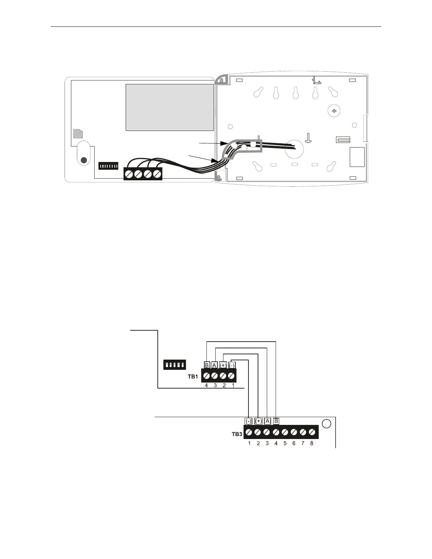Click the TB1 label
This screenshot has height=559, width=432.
(x=193, y=377)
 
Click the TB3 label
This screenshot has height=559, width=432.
(x=237, y=434)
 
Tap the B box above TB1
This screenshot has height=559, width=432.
(x=207, y=365)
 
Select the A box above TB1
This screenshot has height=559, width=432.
(x=214, y=365)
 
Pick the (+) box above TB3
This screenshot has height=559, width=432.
(x=258, y=421)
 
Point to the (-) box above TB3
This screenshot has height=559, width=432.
(x=248, y=421)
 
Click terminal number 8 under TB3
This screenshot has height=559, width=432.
(x=312, y=443)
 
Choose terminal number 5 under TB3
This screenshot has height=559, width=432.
(x=285, y=443)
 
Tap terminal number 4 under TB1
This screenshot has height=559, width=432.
(x=206, y=385)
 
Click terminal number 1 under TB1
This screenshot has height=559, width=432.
(x=233, y=385)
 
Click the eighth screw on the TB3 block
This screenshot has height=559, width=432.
(x=312, y=432)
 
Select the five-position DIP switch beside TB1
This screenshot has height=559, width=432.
(x=175, y=365)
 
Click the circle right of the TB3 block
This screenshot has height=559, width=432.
(x=327, y=423)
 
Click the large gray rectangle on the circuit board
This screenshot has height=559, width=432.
(x=170, y=107)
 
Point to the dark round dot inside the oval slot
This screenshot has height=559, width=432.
(x=84, y=160)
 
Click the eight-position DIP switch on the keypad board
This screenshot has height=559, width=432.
(x=108, y=166)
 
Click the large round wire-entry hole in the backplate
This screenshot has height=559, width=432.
(x=294, y=149)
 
